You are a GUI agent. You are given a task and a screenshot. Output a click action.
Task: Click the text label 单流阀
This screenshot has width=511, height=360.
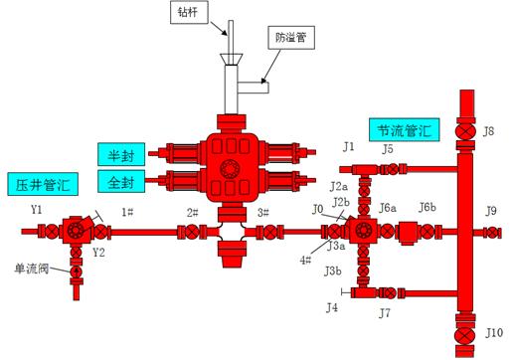(31, 269)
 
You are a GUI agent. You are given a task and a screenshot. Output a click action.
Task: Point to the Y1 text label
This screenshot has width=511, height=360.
(37, 210)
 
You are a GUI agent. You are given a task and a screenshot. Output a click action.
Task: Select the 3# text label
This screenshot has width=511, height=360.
(262, 212)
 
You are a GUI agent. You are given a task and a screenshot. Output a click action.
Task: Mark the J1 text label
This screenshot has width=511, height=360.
(348, 147)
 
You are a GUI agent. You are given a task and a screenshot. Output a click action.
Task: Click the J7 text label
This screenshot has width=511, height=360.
(386, 314)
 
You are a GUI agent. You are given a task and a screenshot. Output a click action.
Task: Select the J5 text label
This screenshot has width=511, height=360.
(387, 149)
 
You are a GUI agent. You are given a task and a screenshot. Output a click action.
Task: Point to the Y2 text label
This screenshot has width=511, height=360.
(98, 253)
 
